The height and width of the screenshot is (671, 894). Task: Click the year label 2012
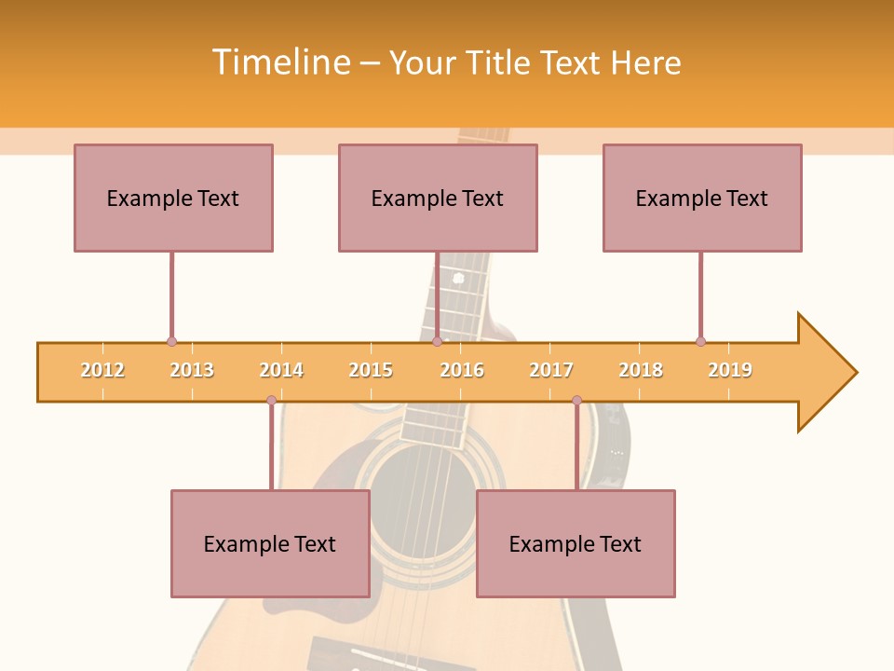(102, 370)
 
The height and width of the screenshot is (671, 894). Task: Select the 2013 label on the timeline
(192, 370)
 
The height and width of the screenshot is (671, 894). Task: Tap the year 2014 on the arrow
(281, 370)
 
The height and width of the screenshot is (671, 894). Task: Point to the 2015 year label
(371, 370)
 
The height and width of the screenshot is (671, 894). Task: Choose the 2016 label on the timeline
(462, 370)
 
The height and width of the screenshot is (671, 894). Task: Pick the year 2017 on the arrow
(551, 370)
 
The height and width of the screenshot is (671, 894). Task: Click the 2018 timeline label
(641, 370)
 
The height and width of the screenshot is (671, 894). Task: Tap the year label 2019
(730, 370)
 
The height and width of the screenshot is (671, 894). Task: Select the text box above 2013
(173, 198)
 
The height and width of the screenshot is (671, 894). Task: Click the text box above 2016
(438, 198)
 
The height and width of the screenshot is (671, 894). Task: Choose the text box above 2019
(702, 198)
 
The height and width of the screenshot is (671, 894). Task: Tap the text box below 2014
(270, 543)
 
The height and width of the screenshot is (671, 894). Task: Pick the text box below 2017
(576, 543)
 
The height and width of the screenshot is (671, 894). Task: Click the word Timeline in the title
(279, 62)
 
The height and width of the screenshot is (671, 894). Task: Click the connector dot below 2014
(271, 401)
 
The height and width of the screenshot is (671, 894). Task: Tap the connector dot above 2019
(700, 341)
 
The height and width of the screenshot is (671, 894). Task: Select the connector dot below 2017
(576, 401)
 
